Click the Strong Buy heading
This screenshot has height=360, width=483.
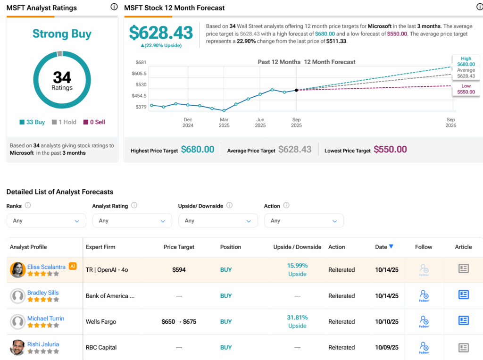pos(62,34)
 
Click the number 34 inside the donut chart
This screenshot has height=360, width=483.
pos(62,76)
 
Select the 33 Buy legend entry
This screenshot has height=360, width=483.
pos(33,122)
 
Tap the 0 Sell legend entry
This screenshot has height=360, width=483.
pos(94,122)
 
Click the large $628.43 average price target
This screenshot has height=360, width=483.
pos(161,33)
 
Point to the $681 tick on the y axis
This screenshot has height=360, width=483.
pos(141,62)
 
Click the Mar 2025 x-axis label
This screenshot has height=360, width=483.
pos(224,123)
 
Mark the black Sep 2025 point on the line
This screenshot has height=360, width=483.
pos(296,90)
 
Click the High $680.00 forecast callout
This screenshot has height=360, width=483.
pos(466,61)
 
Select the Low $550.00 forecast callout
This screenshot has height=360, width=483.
pos(466,89)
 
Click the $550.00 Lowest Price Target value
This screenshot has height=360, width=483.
pos(390,150)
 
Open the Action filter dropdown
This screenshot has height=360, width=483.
pos(304,221)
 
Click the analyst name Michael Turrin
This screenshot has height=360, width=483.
pos(46,318)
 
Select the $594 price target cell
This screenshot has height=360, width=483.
pos(179,270)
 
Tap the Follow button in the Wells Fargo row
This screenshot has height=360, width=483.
pos(424,322)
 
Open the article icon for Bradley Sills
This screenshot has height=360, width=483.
pos(464,295)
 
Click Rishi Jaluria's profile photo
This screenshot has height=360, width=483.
pos(18,347)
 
